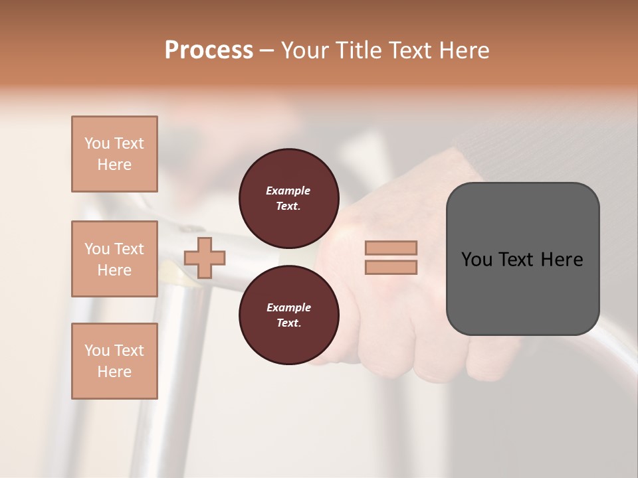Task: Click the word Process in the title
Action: point(209,50)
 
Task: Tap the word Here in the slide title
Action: point(463,50)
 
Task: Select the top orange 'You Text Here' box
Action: point(114,154)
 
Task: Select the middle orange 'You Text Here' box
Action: point(114,259)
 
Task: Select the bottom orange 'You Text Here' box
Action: point(114,361)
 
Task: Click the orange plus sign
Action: point(205,258)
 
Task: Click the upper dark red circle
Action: point(289,199)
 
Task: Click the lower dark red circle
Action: point(289,315)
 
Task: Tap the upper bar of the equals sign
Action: point(391,248)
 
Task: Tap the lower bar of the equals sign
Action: point(391,268)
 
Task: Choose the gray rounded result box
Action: point(522,259)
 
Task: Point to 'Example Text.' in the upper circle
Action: point(288,199)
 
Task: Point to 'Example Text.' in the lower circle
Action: point(288,315)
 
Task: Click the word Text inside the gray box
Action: point(516,260)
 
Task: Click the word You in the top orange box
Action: point(96,143)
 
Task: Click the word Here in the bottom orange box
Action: point(114,372)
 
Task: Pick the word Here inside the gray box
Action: point(562,260)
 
